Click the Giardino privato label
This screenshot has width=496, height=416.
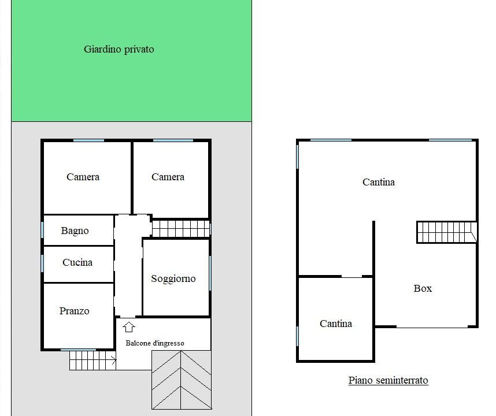[x=119, y=49]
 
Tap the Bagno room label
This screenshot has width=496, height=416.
[x=75, y=231]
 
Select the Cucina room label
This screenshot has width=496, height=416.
[x=77, y=262]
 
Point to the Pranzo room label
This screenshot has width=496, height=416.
[x=75, y=311]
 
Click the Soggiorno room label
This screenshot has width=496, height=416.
[x=173, y=279]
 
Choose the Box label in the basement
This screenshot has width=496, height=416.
[x=423, y=288]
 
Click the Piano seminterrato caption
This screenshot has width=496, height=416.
[x=388, y=380]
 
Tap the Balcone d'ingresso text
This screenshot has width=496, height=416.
[x=155, y=343]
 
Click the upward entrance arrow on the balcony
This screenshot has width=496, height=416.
[x=129, y=327]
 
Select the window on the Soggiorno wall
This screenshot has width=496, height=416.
[x=210, y=273]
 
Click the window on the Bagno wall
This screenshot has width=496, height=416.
[x=42, y=230]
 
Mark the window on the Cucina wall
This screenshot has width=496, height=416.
[x=42, y=263]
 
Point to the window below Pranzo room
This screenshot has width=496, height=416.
[x=78, y=350]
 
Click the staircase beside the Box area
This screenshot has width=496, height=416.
[x=447, y=232]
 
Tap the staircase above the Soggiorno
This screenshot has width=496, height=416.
[x=181, y=229]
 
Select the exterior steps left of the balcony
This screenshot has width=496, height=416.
[x=92, y=361]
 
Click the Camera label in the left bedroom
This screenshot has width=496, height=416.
[x=83, y=177]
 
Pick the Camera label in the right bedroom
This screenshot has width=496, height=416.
[x=168, y=177]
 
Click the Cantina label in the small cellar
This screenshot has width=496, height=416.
[x=336, y=324]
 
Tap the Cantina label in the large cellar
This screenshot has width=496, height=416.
[x=379, y=182]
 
